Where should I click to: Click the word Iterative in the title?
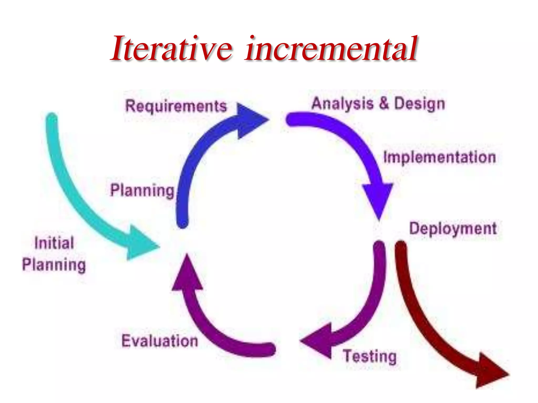[x=172, y=49]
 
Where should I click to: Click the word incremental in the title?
[x=331, y=49]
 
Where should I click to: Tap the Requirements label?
[x=176, y=106]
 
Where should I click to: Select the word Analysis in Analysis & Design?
[x=342, y=104]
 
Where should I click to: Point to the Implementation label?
[x=439, y=157]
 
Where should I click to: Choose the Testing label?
[x=370, y=356]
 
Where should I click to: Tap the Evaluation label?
[x=160, y=341]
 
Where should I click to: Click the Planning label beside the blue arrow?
[x=142, y=190]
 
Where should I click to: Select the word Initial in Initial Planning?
[x=54, y=243]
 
